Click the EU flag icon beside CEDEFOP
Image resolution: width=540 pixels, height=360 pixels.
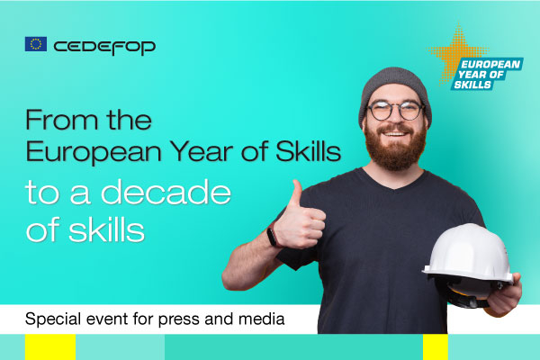point(36,44)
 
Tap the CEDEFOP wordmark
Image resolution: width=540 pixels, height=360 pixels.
point(103,45)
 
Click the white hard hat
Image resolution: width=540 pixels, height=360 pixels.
point(467,256)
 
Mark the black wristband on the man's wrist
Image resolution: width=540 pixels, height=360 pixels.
point(271,237)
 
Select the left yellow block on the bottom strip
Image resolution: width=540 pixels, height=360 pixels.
point(49,347)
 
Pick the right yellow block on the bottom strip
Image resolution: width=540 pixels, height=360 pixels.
point(435,347)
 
